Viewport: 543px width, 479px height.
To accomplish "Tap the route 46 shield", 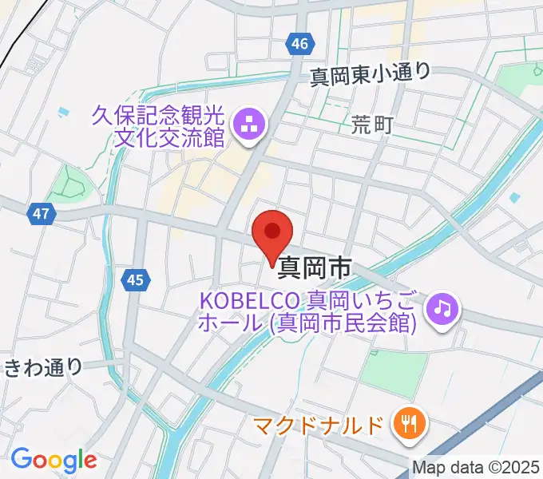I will click(299, 45).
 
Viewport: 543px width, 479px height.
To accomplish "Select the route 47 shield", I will click(42, 213).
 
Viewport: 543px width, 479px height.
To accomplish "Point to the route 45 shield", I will click(135, 279).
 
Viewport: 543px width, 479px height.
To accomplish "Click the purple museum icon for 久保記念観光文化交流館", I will click(248, 125).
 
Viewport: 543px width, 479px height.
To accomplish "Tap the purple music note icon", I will click(441, 307).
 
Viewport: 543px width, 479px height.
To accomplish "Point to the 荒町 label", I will click(371, 124).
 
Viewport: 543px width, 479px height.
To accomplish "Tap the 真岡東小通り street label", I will click(370, 73).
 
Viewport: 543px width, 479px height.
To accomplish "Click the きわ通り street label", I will click(43, 367).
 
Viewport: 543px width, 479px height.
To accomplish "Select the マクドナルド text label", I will click(319, 426).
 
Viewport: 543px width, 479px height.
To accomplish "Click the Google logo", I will click(54, 459).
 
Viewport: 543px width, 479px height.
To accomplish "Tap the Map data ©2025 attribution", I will click(475, 467).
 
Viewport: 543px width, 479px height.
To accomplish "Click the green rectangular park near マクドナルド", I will click(393, 371).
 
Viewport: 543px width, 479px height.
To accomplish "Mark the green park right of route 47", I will click(70, 185).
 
